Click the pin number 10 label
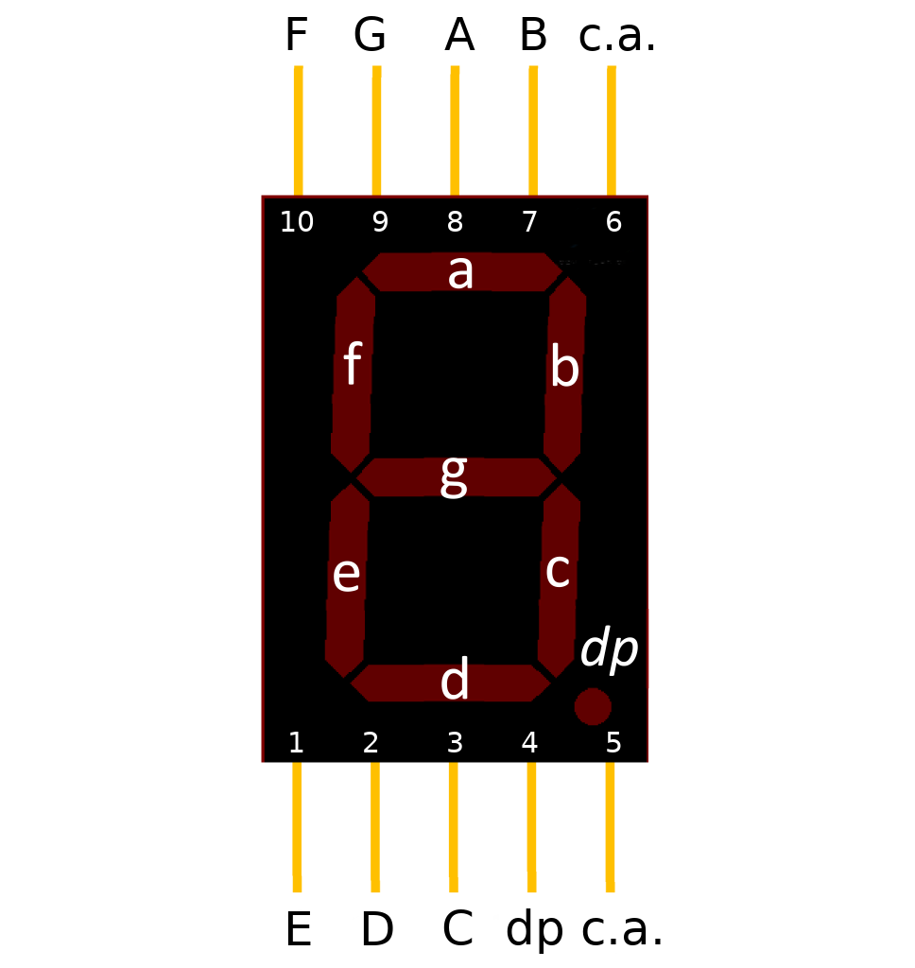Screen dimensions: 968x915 pos(297,222)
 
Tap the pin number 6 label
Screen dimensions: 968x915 pos(613,222)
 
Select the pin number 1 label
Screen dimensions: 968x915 pos(296,743)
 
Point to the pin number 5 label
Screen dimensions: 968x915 pos(613,743)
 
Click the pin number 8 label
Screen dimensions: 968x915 pos(455,222)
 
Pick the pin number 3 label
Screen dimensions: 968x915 pos(455,743)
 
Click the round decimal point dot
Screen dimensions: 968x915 pos(593,706)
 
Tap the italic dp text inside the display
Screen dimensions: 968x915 pos(610,650)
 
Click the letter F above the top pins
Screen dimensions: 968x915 pos(296,36)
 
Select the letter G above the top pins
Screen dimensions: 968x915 pos(370,36)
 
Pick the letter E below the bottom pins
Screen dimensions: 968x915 pos(298,930)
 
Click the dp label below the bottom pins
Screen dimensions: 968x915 pos(534,930)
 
